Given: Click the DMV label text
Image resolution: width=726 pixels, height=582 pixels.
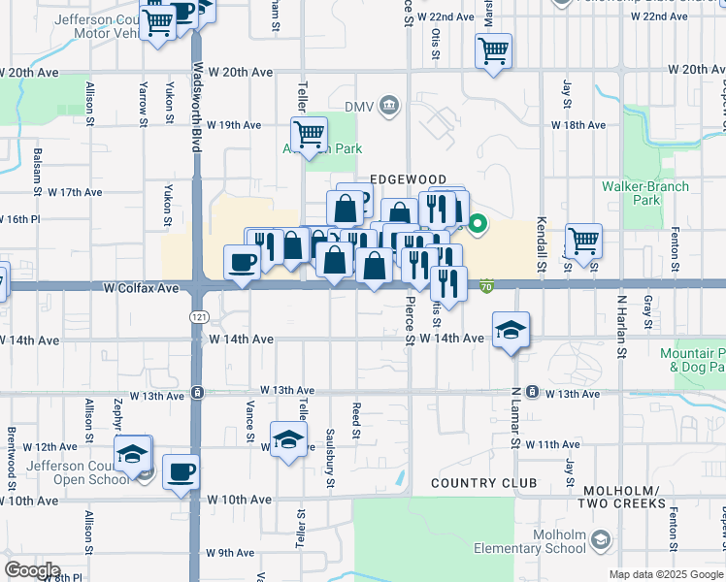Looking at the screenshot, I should tap(358, 105).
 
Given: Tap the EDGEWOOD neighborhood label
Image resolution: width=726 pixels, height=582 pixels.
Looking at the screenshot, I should tap(408, 180).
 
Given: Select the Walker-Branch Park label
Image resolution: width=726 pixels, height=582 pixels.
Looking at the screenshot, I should tap(645, 193).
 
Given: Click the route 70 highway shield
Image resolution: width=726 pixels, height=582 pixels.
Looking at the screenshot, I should tap(487, 286).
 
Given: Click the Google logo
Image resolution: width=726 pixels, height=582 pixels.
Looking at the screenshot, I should tap(32, 570).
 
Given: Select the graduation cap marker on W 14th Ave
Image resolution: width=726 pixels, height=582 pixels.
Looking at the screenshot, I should tap(511, 331).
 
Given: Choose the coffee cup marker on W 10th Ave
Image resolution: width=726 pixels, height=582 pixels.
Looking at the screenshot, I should tap(181, 472).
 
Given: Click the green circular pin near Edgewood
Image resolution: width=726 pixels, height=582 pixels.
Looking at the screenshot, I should tap(478, 226).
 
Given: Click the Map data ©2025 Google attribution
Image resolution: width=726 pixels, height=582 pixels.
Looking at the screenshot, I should tap(665, 574).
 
